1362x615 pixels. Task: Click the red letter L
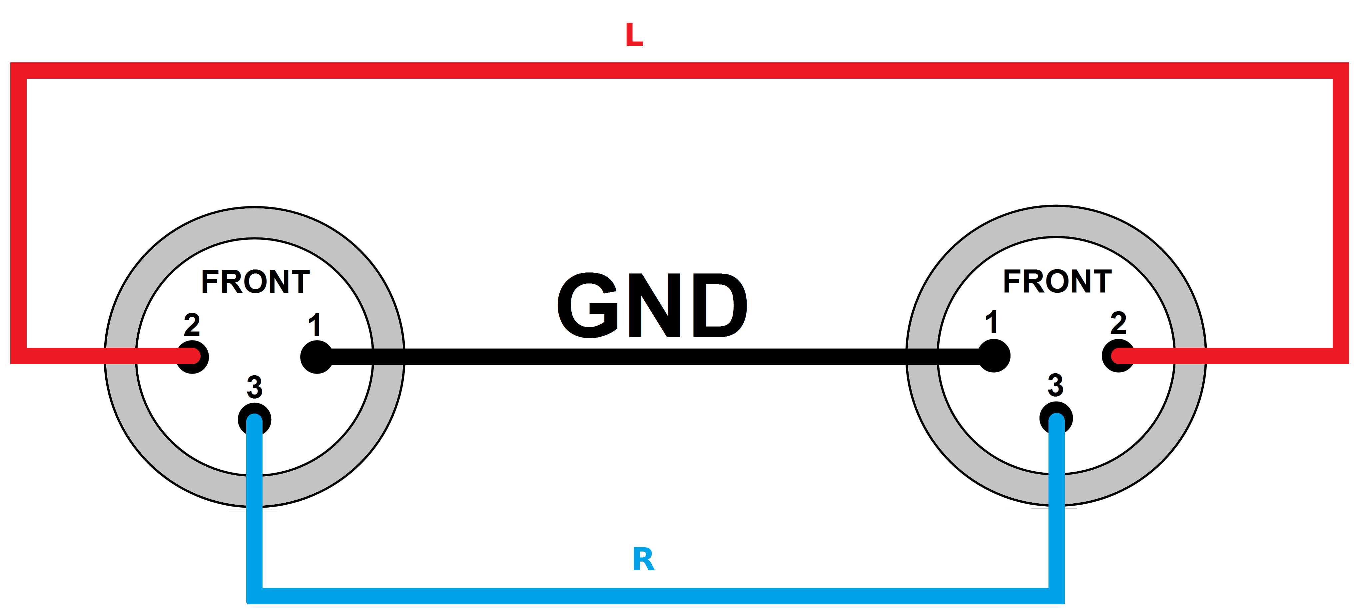pyautogui.click(x=634, y=35)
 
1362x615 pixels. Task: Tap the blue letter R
pyautogui.click(x=643, y=560)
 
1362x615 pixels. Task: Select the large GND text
pyautogui.click(x=652, y=306)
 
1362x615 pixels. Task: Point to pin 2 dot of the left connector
pyautogui.click(x=193, y=357)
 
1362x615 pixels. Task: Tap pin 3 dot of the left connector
pyautogui.click(x=254, y=420)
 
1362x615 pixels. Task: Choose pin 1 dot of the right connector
pyautogui.click(x=994, y=356)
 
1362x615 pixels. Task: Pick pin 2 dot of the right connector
pyautogui.click(x=1118, y=356)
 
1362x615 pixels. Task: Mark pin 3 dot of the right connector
pyautogui.click(x=1056, y=418)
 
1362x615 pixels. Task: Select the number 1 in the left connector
pyautogui.click(x=315, y=325)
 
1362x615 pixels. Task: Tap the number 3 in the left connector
pyautogui.click(x=254, y=387)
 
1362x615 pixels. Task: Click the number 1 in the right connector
pyautogui.click(x=992, y=322)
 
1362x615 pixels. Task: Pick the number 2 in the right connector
pyautogui.click(x=1118, y=323)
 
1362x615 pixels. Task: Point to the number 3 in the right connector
pyautogui.click(x=1055, y=385)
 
